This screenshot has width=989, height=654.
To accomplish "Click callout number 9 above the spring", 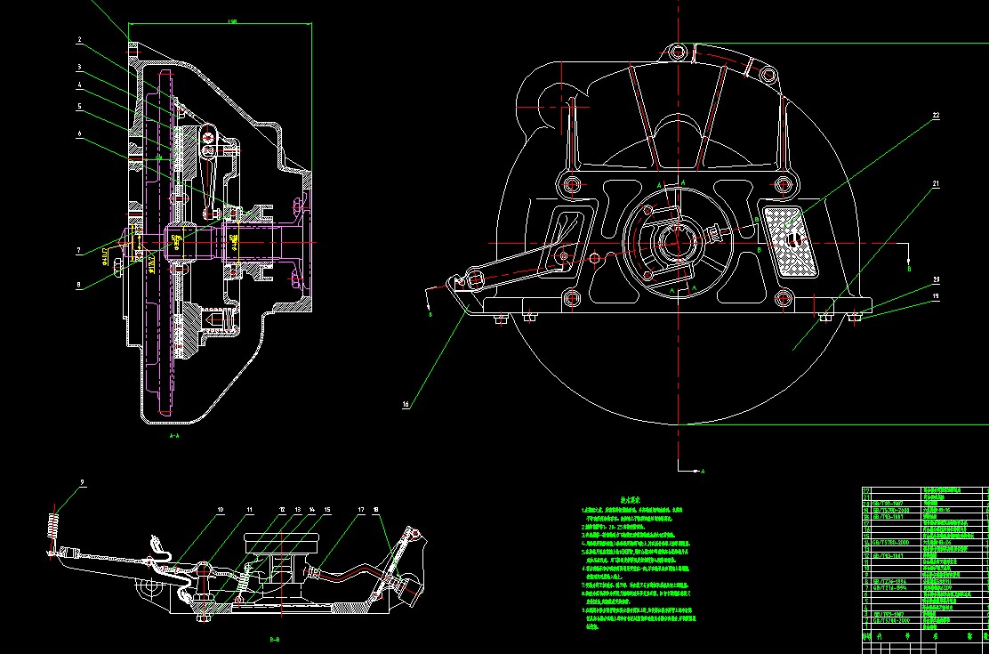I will coord(83,482).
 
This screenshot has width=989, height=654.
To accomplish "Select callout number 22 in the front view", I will coord(937,115).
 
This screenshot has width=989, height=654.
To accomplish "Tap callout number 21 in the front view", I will coord(937,184).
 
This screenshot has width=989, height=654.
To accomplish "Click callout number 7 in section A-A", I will coord(78,251).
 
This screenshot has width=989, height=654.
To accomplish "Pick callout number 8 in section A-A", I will coord(78,286).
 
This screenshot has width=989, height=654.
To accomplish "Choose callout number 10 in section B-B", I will coord(221,510).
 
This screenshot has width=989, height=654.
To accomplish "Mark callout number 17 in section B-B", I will coord(361,510).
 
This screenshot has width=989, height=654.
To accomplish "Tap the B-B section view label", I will coord(275,639).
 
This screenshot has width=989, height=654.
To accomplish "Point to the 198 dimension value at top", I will coord(232,20).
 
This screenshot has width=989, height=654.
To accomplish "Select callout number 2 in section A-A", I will coord(78,40).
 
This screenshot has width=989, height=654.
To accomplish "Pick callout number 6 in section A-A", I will coord(78,133).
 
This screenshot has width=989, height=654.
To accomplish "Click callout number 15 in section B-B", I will coord(327,510).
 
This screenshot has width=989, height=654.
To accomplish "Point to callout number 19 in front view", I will coord(937,296).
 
